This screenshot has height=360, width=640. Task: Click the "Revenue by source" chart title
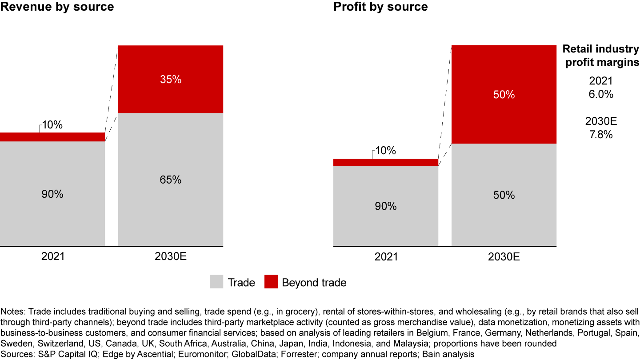tap(57, 7)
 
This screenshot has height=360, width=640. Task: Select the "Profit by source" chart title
tap(380, 7)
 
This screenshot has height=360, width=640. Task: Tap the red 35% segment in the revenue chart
tap(171, 79)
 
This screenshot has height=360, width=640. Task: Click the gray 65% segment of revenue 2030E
tap(171, 180)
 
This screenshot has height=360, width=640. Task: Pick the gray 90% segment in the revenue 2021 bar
tap(52, 194)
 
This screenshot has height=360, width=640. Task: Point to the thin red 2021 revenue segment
tap(52, 137)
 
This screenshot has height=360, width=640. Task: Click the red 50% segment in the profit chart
tap(504, 94)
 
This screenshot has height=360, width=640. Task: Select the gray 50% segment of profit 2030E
tap(504, 195)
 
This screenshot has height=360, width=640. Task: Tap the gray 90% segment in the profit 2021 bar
tap(385, 206)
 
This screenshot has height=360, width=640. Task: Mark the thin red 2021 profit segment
tap(385, 162)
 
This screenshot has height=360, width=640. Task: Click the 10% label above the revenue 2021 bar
tap(52, 125)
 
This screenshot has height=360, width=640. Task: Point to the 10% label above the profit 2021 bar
tap(385, 151)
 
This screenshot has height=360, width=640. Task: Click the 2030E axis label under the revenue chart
tap(171, 257)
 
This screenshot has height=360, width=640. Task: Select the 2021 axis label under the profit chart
tap(385, 257)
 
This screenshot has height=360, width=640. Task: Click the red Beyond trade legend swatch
tap(271, 282)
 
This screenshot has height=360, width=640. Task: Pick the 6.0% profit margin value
tap(601, 94)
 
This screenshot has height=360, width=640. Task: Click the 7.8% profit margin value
tap(601, 134)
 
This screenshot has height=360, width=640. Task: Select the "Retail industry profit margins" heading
tap(601, 56)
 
